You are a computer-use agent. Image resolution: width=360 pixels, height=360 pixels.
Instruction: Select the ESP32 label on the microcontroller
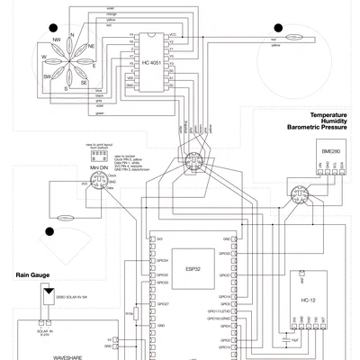coord(192,268)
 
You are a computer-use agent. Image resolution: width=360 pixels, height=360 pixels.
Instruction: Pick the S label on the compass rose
coord(66,89)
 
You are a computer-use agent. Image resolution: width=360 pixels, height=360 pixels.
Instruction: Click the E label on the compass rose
coord(95,64)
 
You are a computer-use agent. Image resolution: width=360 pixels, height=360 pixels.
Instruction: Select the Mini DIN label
coord(99,167)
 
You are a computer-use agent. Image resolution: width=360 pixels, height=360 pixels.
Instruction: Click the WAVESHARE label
coord(68,357)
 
